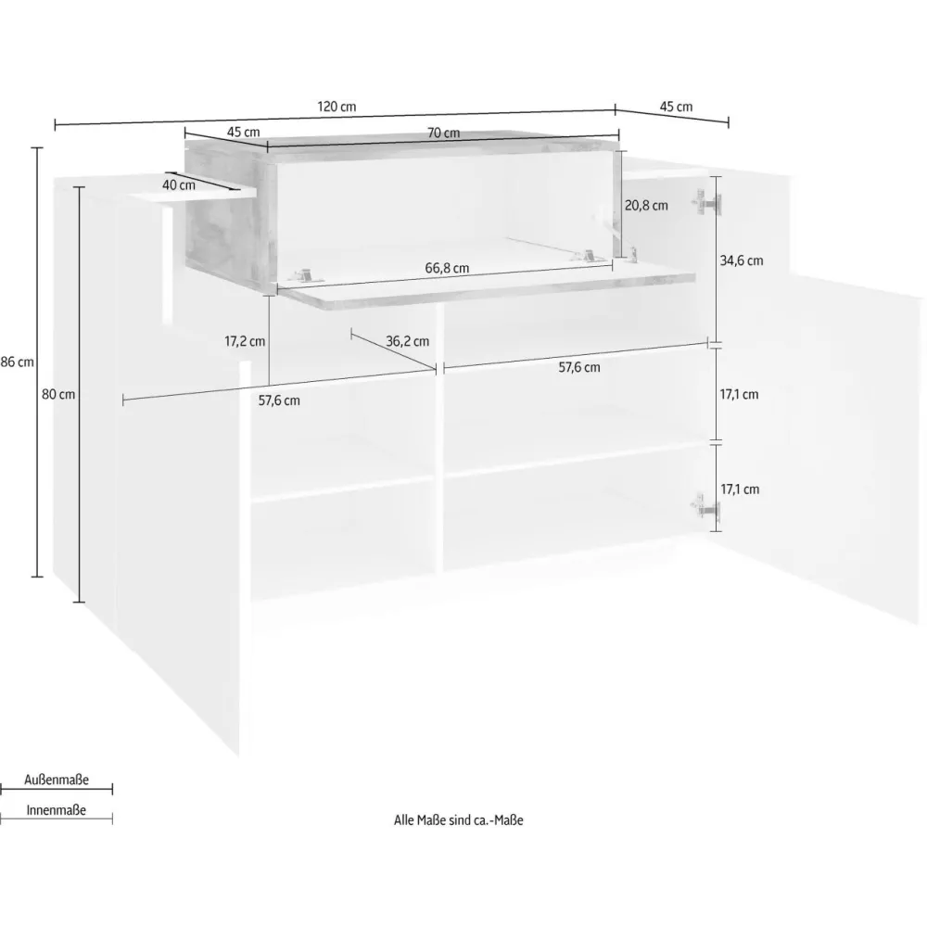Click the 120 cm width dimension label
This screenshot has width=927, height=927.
(x=337, y=107)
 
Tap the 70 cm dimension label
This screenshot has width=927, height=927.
(x=443, y=133)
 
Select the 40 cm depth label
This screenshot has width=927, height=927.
(x=179, y=185)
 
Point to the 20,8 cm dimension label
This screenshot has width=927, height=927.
(x=646, y=205)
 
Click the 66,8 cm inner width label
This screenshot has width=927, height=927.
(x=447, y=268)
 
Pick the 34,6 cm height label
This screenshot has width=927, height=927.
(x=742, y=260)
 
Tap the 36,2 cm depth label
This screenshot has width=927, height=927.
(x=407, y=341)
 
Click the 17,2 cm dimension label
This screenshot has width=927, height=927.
(x=245, y=341)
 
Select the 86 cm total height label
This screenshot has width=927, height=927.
(x=17, y=362)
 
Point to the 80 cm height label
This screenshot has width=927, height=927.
(x=58, y=394)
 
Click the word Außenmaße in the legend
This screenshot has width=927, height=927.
(x=57, y=780)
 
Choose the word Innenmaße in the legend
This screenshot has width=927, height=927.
(x=57, y=810)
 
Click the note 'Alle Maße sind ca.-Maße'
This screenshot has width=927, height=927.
(x=459, y=820)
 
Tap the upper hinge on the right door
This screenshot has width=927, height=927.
(x=706, y=203)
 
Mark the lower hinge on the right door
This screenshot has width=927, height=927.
(x=705, y=506)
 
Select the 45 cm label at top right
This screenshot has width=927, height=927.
(x=676, y=107)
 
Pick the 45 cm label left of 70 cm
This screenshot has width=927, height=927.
(x=244, y=132)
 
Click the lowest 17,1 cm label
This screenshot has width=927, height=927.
(x=740, y=489)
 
